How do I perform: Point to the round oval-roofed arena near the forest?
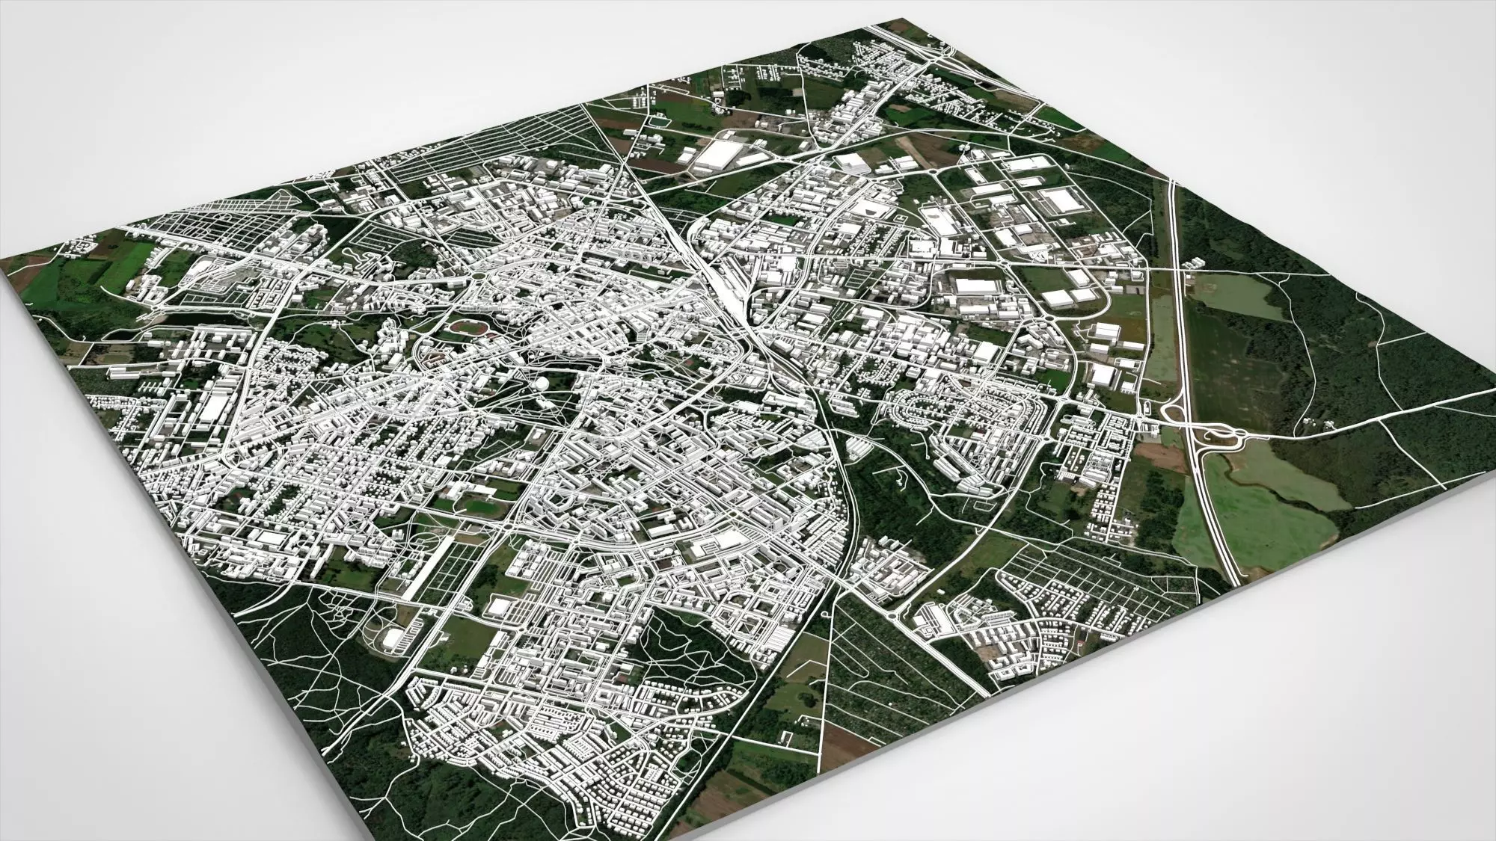(x=392, y=639)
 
